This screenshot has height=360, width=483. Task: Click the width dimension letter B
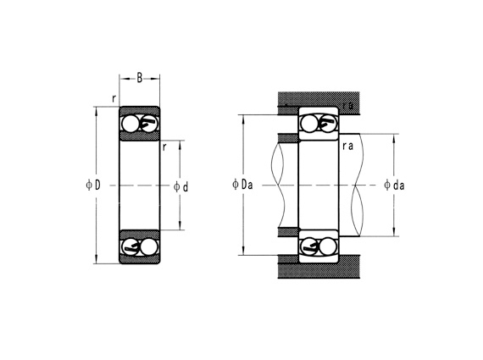point(140,78)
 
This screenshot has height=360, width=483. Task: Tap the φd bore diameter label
point(180,186)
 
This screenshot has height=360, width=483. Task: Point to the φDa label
point(241,184)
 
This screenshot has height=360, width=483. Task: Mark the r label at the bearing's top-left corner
point(113,98)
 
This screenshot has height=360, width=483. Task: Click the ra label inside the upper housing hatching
point(347,105)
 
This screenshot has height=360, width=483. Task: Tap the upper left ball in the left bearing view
point(130,125)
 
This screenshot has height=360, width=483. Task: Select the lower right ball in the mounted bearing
point(329,246)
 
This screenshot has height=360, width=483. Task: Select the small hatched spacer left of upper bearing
point(289,140)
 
